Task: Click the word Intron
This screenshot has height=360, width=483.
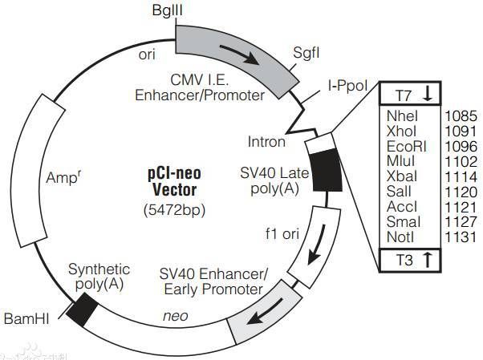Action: (267, 142)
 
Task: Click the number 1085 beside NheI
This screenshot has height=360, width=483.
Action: (461, 115)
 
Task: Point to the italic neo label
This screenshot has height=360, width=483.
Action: (175, 316)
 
